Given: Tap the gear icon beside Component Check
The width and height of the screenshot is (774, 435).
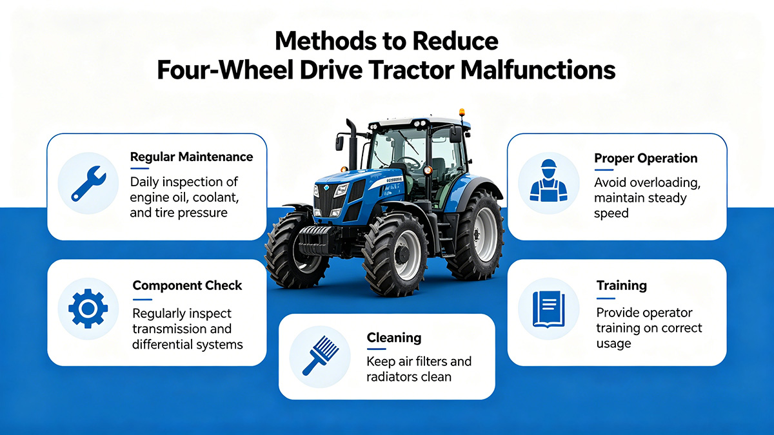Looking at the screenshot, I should pos(88,309).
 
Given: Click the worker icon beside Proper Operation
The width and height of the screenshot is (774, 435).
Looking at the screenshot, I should pos(548,182).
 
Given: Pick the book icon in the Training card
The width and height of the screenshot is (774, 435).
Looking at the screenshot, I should pos(548,308).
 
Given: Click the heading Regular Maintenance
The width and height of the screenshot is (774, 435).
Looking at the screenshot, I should pos(192,157).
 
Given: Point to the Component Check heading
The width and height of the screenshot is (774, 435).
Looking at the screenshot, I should pos(187,285).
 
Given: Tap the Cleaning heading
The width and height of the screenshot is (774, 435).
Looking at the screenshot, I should pos(393,338).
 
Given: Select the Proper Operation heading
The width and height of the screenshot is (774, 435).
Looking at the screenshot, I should pos(646,158).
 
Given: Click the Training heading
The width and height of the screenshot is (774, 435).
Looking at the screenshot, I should pos(622,285).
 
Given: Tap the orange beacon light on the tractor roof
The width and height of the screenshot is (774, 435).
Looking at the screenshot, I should pos(461,114).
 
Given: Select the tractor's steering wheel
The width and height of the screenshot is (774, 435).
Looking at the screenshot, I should pos(410,163).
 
